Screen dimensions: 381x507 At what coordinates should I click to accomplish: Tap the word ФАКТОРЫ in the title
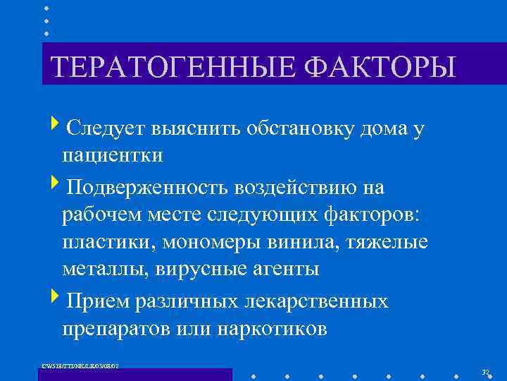[381, 67]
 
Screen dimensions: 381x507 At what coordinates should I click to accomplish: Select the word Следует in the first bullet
[105, 128]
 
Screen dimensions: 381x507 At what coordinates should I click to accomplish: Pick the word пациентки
[112, 155]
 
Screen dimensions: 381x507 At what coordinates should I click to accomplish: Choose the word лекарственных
[316, 301]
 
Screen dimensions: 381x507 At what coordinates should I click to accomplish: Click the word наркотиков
[272, 328]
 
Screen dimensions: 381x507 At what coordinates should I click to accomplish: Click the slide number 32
[484, 372]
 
